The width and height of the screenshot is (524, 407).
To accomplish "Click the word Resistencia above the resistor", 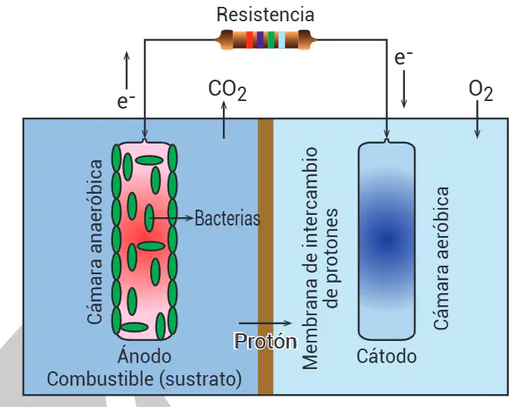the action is tap(265, 14).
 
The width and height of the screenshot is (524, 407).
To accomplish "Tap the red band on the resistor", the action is tap(249, 39).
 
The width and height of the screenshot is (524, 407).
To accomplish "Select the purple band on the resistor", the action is tap(260, 39).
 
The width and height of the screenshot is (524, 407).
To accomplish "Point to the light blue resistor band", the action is tap(282, 39).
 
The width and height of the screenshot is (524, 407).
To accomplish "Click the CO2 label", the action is tap(227, 90).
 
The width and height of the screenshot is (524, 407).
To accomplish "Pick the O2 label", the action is tap(481, 90).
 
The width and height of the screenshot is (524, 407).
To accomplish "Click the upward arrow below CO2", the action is tap(224, 120).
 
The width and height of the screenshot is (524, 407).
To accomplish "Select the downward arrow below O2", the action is tap(478, 120).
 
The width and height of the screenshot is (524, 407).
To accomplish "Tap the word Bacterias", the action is tap(227, 218).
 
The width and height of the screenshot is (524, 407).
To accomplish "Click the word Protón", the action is tap(265, 341).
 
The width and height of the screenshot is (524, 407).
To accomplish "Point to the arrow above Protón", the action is tap(265, 323).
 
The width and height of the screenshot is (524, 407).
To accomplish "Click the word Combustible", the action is tap(100, 379).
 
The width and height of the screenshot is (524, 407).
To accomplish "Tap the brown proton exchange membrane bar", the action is tap(265, 257).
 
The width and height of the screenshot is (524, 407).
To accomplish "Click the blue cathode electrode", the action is tap(387, 240).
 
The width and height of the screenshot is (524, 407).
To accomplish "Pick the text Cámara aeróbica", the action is tap(441, 258).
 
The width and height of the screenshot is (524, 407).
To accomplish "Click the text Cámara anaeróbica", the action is tap(94, 241).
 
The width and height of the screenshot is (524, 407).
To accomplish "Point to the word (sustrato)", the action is tap(200, 379).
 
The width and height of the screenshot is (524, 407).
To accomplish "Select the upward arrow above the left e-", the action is tap(127, 71).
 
